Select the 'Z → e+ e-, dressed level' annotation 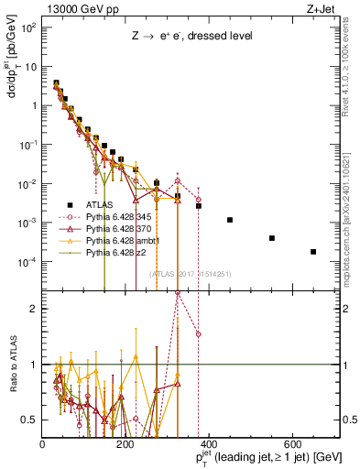190,36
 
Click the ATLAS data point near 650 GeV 313,252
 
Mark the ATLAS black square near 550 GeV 272,238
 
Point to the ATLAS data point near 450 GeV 230,220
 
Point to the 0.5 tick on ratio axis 33,420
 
